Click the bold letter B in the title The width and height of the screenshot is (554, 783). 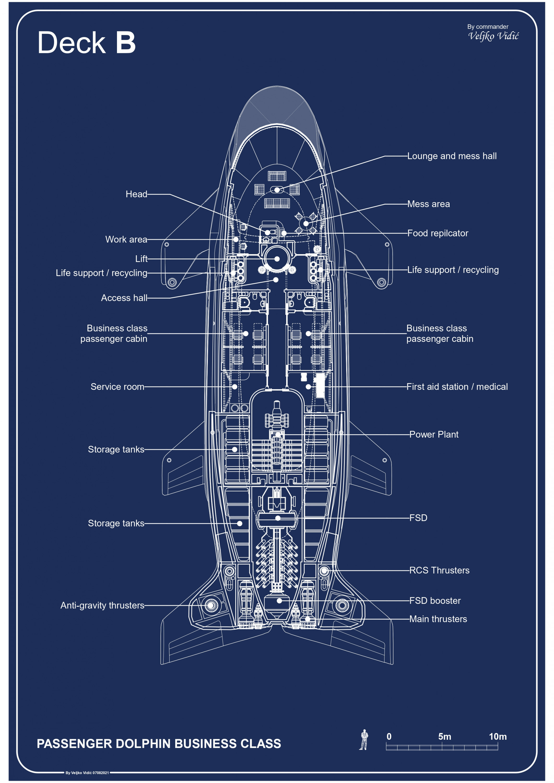tap(126, 43)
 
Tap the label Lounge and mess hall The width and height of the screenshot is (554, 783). tap(452, 156)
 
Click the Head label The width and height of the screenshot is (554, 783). tap(137, 194)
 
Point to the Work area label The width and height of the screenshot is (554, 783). tap(126, 239)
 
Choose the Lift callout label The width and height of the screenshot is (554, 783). tap(141, 259)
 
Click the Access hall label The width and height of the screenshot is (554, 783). tap(124, 298)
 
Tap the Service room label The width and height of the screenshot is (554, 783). tap(117, 387)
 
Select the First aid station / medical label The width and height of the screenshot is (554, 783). tap(457, 387)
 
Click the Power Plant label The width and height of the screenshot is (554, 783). tap(434, 435)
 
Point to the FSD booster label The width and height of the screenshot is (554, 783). tap(435, 601)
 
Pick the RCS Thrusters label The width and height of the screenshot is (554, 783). tap(439, 570)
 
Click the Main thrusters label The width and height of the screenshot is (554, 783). tap(438, 619)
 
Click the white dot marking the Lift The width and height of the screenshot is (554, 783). tap(277, 259)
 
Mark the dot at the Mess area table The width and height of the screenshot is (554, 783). tap(306, 224)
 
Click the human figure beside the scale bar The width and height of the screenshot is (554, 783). tap(364, 740)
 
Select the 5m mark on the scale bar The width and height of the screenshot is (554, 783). tap(445, 737)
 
